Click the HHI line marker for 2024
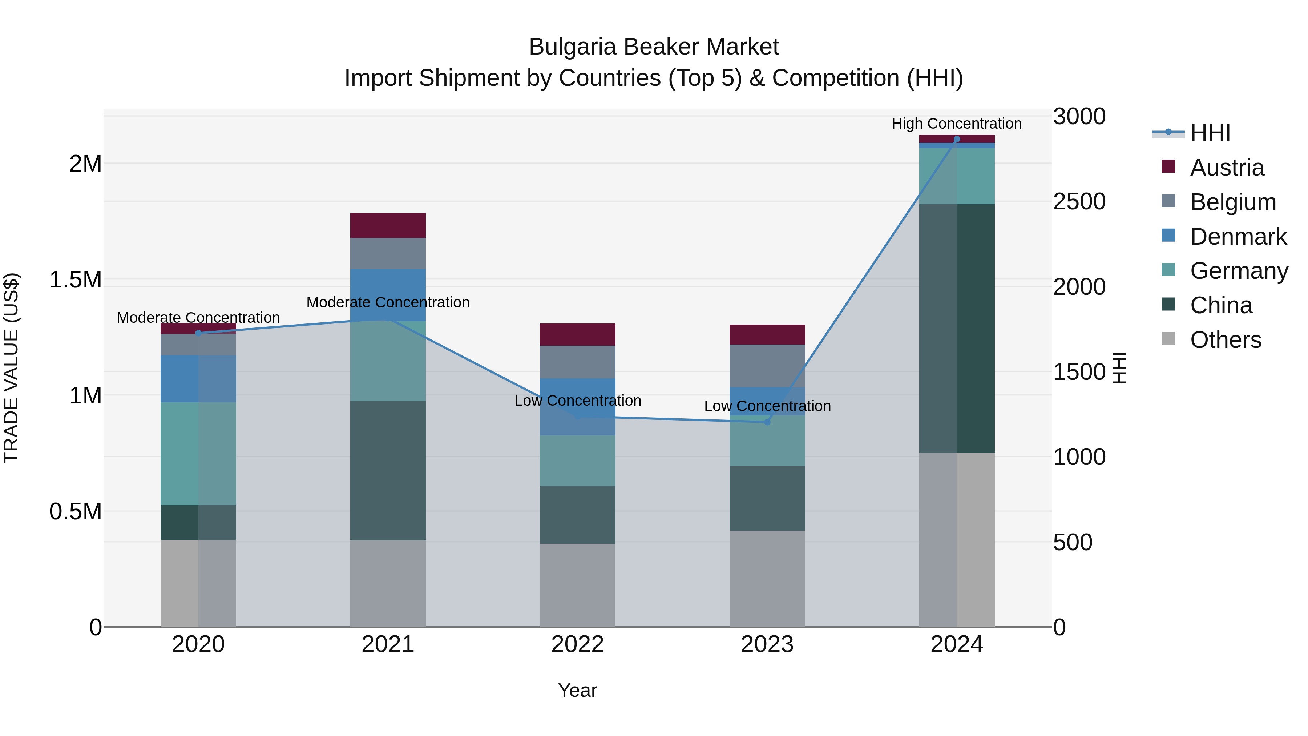(957, 139)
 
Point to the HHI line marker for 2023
(767, 422)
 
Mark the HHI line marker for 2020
(198, 333)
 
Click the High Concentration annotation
(957, 124)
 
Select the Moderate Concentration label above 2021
(388, 302)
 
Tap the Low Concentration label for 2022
(578, 400)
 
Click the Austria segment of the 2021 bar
(388, 225)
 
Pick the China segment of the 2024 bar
(957, 328)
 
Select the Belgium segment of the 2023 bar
(767, 366)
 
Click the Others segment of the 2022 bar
(578, 585)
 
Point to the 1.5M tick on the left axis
(76, 280)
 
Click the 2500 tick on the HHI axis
(1079, 202)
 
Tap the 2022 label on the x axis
(578, 644)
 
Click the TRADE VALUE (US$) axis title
(11, 368)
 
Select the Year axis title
(578, 690)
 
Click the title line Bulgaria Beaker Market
(654, 47)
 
